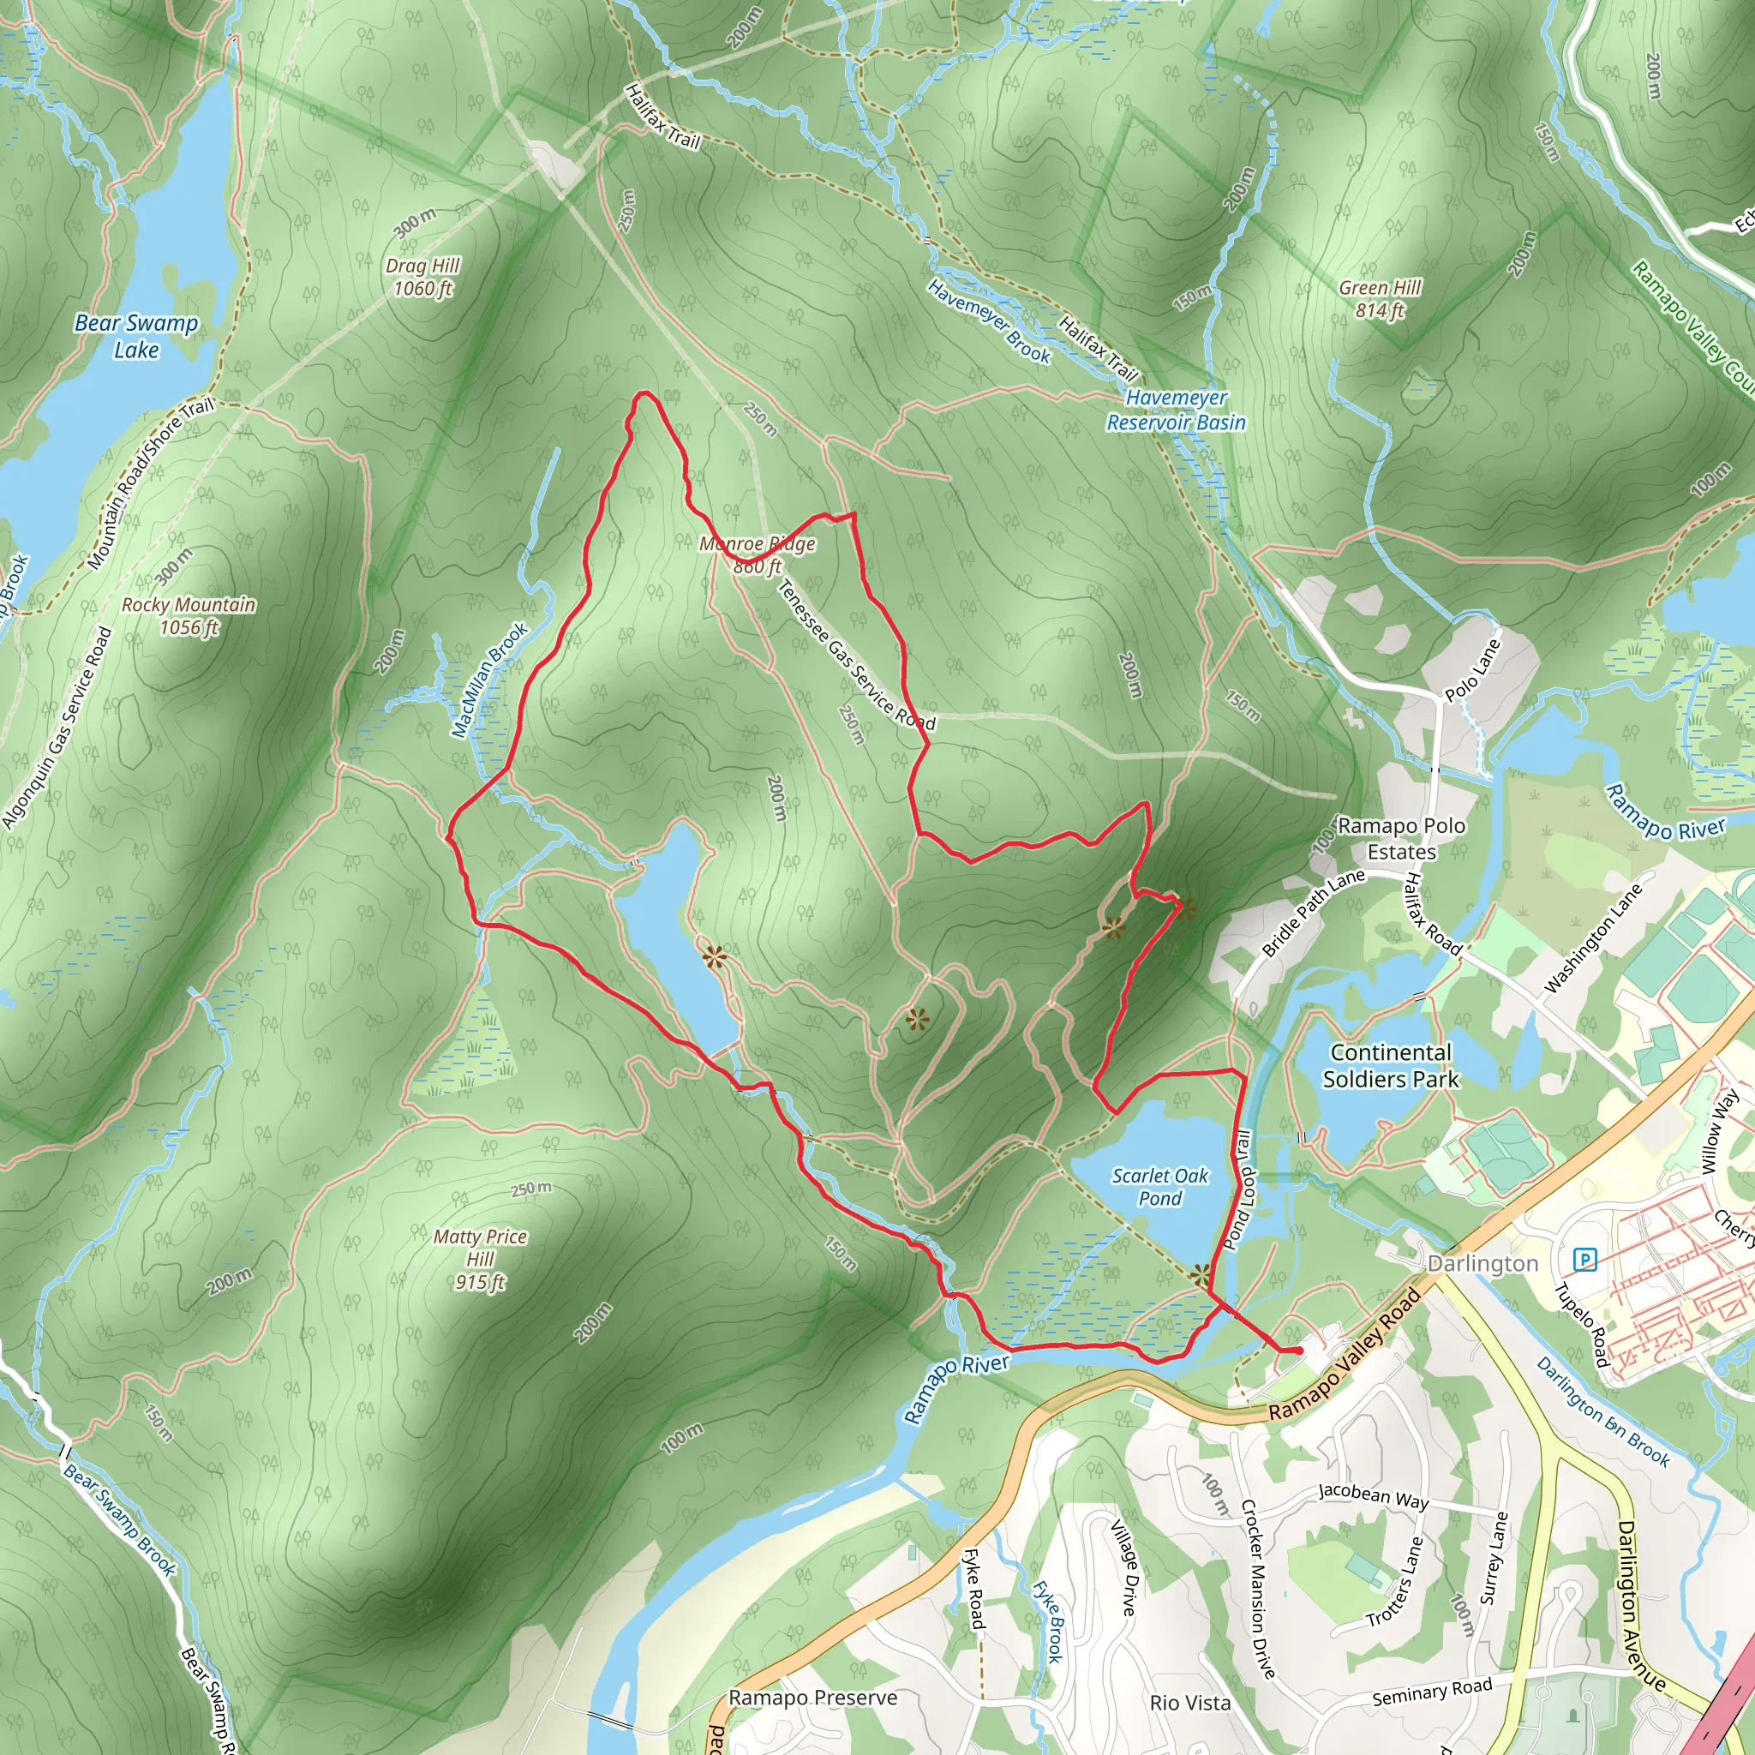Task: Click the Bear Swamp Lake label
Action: (x=136, y=336)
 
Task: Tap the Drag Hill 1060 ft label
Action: (x=422, y=277)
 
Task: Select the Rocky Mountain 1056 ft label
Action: (x=189, y=616)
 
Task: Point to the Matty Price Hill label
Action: (x=481, y=1258)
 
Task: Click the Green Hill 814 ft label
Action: (x=1380, y=299)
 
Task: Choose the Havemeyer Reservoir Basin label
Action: (x=1177, y=410)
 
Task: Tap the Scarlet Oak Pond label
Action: (x=1160, y=1186)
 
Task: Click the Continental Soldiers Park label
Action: (x=1391, y=1065)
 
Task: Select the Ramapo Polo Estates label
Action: (x=1402, y=838)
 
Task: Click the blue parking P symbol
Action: (x=1585, y=1260)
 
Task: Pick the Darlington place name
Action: (x=1482, y=1264)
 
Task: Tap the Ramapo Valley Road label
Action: (x=1345, y=1355)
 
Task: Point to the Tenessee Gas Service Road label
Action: (x=856, y=656)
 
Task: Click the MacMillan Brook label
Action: (x=489, y=680)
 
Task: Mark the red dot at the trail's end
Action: (x=1299, y=1351)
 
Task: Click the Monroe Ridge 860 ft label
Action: (x=758, y=555)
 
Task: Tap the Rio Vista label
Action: (x=1190, y=1703)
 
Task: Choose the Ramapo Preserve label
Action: (x=813, y=1698)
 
